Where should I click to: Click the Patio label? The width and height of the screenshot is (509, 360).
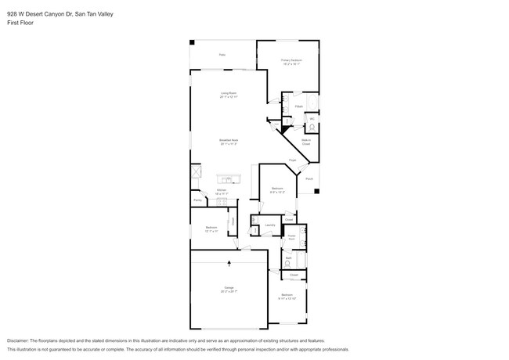coord(222,55)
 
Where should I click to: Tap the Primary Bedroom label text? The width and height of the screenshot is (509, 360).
coord(291,61)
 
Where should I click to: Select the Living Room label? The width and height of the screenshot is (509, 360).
coord(229,94)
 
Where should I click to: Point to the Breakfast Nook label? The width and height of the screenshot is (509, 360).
coord(229,142)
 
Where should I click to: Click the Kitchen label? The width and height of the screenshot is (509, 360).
coord(221,190)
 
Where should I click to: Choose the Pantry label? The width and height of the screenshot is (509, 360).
coord(197,200)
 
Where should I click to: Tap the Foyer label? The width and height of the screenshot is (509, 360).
coord(292,160)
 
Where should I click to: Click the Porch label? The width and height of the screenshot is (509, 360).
coord(310,178)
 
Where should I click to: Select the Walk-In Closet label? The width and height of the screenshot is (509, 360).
coord(306,142)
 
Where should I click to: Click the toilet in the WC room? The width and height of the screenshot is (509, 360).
coord(311,128)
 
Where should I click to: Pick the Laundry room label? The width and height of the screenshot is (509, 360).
coord(270,225)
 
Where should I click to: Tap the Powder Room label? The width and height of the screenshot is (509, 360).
coord(291,236)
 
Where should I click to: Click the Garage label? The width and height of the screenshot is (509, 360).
coord(229,289)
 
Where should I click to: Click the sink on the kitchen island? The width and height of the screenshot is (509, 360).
coord(230,177)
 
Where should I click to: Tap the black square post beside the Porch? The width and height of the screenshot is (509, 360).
coord(316,190)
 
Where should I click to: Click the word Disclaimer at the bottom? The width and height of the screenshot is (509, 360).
coord(20,342)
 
